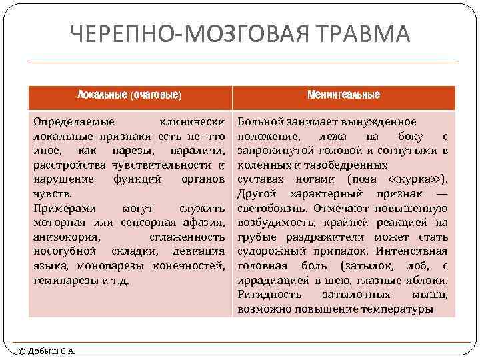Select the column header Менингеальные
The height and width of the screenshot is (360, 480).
[x=343, y=95]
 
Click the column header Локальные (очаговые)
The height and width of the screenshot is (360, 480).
[x=129, y=95]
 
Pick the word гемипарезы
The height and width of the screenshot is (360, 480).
[x=64, y=281]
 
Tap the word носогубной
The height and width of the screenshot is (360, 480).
[x=64, y=251]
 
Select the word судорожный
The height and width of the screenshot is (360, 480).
[x=273, y=251]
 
